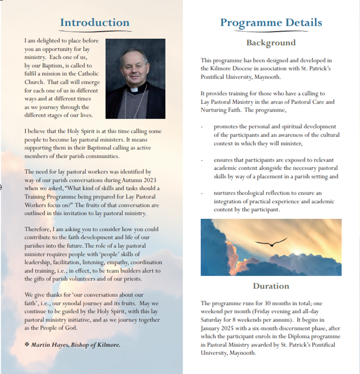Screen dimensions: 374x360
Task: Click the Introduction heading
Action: tap(94, 23)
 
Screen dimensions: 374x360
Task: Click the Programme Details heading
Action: tap(271, 23)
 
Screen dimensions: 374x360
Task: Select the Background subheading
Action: tap(271, 43)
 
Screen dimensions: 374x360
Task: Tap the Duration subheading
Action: tap(271, 286)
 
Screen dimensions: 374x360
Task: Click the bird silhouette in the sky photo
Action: tap(271, 244)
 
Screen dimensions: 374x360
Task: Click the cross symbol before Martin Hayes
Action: tap(27, 343)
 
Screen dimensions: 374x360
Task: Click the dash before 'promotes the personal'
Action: tap(202, 127)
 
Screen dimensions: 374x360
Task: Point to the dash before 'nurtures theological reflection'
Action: tap(202, 193)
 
